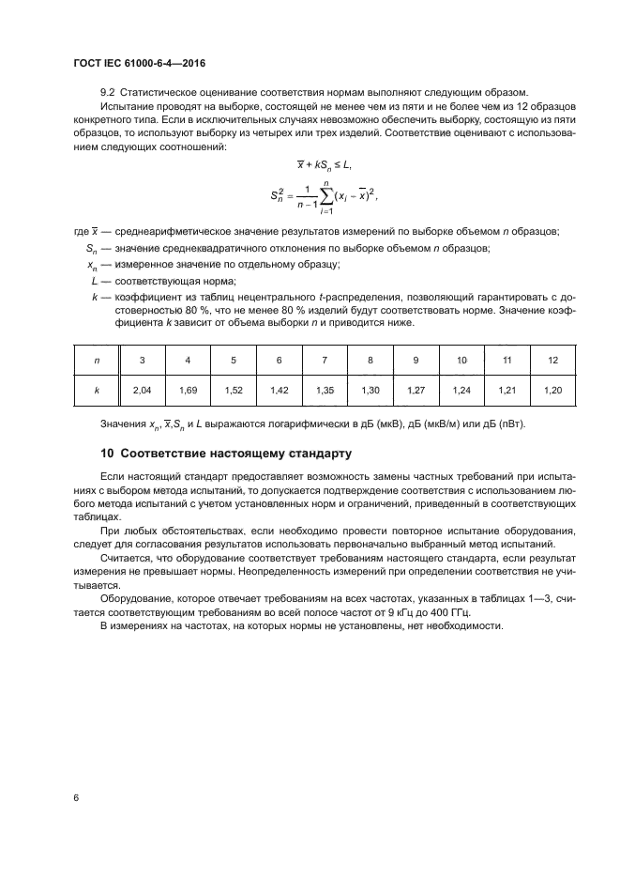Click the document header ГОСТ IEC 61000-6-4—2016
pos(139,64)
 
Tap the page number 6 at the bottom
pos(75,797)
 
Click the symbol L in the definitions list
pos(95,281)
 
